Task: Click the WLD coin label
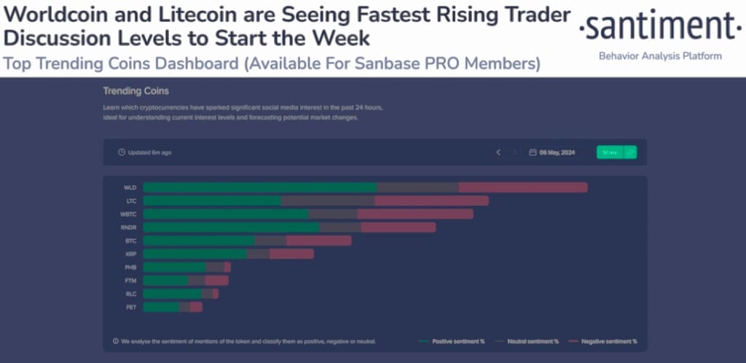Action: (x=130, y=187)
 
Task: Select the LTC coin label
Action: (x=131, y=200)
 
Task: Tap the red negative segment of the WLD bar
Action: (x=522, y=187)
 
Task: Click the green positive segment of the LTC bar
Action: (x=212, y=200)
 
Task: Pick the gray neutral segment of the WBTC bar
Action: (x=332, y=214)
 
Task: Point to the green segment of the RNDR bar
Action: (x=231, y=227)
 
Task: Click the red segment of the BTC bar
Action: (x=318, y=241)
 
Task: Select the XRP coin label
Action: (x=131, y=254)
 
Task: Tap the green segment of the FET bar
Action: (x=161, y=307)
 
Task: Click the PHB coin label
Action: (x=131, y=268)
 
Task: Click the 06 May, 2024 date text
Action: (x=557, y=152)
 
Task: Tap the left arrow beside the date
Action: (x=498, y=152)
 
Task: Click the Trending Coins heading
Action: (x=136, y=91)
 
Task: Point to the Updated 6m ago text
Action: (x=149, y=152)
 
